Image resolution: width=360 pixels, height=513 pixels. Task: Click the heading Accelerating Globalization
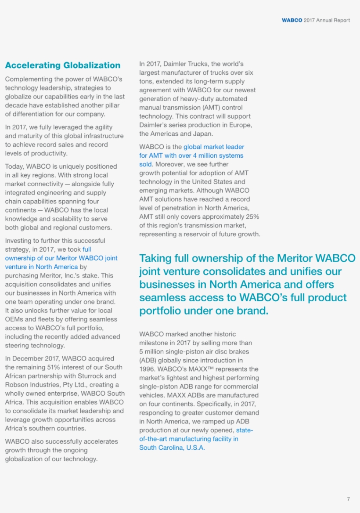(x=62, y=65)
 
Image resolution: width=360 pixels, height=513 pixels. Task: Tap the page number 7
(x=348, y=499)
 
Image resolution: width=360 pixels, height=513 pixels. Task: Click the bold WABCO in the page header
(x=292, y=20)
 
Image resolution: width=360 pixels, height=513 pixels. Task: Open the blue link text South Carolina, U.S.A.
(x=172, y=448)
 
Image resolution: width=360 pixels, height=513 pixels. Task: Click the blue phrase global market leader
(x=213, y=147)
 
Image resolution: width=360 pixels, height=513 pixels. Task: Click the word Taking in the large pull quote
(x=155, y=258)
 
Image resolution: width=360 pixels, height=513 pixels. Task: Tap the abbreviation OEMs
(x=14, y=319)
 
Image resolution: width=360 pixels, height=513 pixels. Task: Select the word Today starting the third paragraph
(x=14, y=166)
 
